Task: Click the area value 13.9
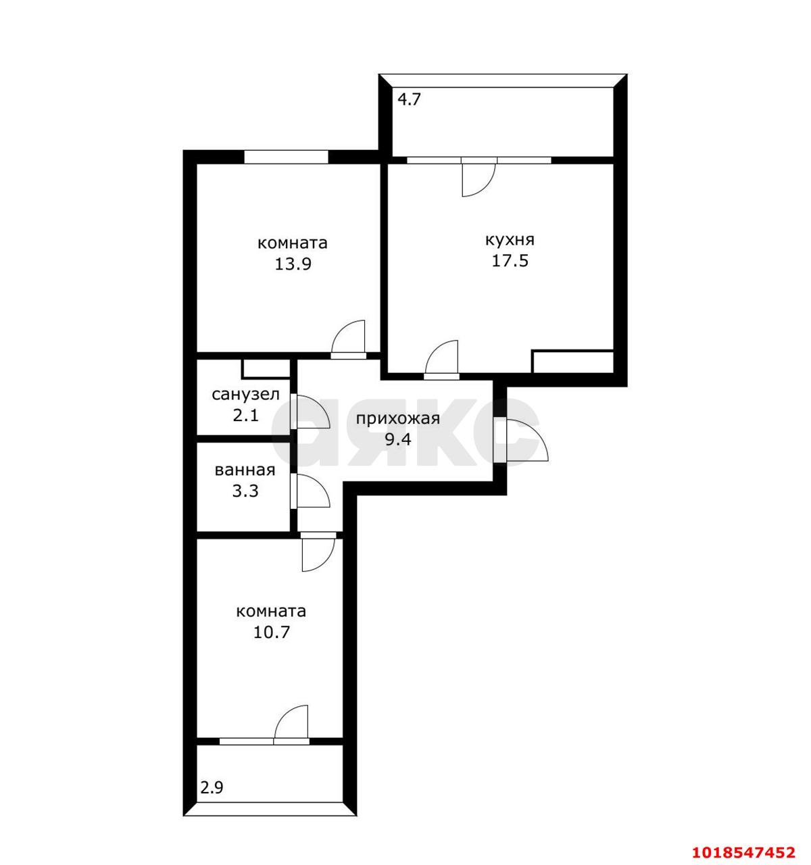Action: [293, 264]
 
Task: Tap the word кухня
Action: [510, 240]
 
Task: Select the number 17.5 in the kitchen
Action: [510, 260]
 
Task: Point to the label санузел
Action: [245, 395]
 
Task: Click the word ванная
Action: [245, 470]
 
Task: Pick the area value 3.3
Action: [245, 491]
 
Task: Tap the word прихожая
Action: [398, 418]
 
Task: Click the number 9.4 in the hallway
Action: [397, 439]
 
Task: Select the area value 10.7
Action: [272, 632]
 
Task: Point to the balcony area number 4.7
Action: [409, 100]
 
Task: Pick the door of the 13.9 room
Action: [348, 339]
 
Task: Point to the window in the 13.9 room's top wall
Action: [285, 156]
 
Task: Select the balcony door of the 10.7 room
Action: [291, 725]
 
